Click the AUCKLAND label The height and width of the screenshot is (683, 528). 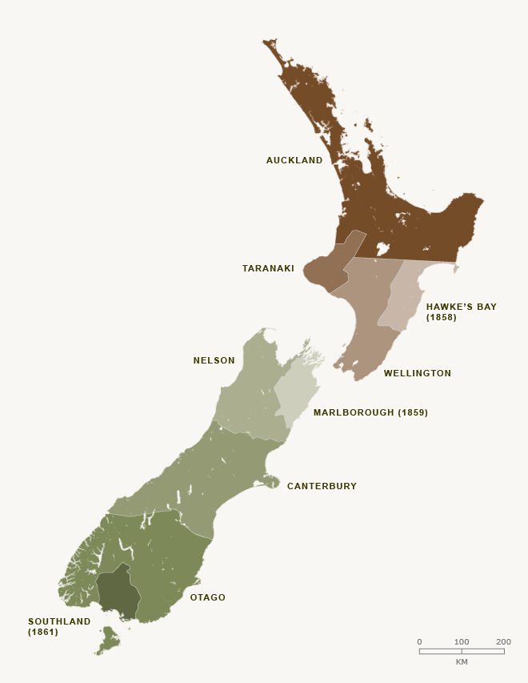(294, 160)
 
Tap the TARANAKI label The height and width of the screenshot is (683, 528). (268, 268)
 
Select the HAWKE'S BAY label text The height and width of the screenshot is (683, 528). (461, 307)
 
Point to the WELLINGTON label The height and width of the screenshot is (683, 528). (417, 373)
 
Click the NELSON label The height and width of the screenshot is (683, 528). (214, 360)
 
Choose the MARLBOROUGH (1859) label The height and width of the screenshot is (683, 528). (370, 413)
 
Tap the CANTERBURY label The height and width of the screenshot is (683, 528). (322, 486)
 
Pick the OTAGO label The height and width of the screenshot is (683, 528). (207, 597)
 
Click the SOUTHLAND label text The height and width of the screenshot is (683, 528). (59, 621)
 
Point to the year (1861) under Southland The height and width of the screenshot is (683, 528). (43, 632)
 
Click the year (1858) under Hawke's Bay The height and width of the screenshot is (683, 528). (441, 317)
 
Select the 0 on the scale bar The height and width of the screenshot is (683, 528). (419, 641)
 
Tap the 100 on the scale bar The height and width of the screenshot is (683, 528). (462, 641)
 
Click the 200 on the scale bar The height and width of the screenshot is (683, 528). (503, 641)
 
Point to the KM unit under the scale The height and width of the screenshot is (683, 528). (462, 662)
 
